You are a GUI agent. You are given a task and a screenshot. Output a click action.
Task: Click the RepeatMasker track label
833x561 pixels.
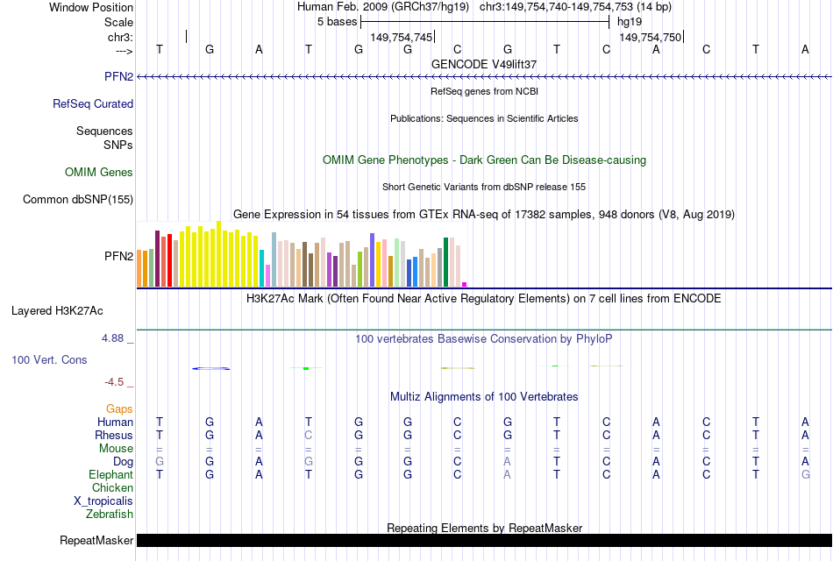click(x=96, y=541)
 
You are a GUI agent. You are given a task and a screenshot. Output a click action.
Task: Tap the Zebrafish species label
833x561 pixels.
click(x=110, y=515)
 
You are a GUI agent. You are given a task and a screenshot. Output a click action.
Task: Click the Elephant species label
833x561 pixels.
click(x=111, y=474)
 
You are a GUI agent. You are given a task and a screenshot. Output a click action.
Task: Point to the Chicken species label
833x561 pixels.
click(x=113, y=487)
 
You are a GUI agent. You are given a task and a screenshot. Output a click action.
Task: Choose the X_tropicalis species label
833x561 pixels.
click(x=103, y=501)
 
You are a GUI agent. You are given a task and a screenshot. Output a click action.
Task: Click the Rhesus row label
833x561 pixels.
click(x=114, y=435)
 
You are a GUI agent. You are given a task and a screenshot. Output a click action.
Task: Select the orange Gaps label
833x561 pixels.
click(x=119, y=408)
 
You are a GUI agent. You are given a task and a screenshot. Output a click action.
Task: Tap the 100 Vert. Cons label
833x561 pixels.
click(x=49, y=359)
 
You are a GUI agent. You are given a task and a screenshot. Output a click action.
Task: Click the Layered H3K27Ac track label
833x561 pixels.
click(x=57, y=310)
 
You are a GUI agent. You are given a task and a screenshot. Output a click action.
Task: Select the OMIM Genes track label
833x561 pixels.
click(x=99, y=173)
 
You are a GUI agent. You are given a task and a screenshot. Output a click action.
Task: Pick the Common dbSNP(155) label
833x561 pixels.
click(x=78, y=200)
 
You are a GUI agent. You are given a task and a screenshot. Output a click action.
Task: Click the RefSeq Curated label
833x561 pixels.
click(x=93, y=103)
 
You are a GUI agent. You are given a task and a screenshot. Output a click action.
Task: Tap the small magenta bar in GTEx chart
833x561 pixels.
click(x=465, y=284)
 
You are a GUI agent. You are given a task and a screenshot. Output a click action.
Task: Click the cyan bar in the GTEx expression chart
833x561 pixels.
click(x=262, y=267)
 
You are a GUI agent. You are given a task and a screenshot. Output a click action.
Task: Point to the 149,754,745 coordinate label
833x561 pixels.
click(x=402, y=37)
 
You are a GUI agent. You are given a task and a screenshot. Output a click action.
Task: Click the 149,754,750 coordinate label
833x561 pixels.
click(x=650, y=37)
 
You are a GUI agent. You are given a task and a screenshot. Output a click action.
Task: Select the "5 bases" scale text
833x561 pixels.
click(x=337, y=20)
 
